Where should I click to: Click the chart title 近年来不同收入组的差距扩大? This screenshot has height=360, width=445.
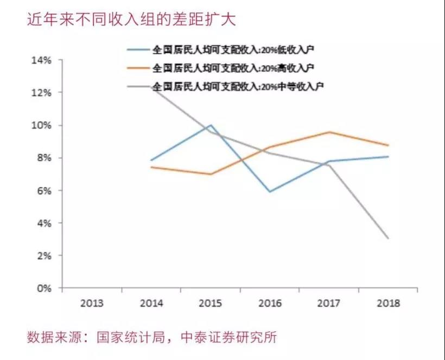point(131,20)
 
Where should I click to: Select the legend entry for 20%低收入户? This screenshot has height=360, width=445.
point(220,50)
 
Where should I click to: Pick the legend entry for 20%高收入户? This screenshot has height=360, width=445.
point(220,68)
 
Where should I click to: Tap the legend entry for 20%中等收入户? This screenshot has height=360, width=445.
point(225,86)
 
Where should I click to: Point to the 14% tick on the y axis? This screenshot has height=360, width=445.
point(42,60)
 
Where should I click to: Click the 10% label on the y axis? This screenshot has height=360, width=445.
point(42,125)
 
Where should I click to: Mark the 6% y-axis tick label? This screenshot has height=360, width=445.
point(44,191)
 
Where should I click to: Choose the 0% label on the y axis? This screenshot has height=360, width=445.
point(44,288)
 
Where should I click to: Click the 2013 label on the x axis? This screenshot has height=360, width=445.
point(92,303)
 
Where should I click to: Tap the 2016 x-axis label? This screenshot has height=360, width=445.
point(270,303)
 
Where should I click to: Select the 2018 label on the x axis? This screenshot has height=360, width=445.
point(388,303)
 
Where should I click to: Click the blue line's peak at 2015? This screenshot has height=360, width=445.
point(211,125)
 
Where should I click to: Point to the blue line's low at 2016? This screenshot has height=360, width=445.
point(270,192)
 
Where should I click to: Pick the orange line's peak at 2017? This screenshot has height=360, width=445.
point(329,132)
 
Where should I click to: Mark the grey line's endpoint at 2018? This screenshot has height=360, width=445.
point(388,238)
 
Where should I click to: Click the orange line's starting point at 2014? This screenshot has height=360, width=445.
point(151,167)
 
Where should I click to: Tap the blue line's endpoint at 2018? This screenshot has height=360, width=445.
point(388,156)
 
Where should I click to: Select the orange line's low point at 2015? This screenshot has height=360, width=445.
point(211,174)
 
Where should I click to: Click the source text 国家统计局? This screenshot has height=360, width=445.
point(131,337)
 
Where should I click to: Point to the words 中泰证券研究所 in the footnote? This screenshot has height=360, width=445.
point(229,337)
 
